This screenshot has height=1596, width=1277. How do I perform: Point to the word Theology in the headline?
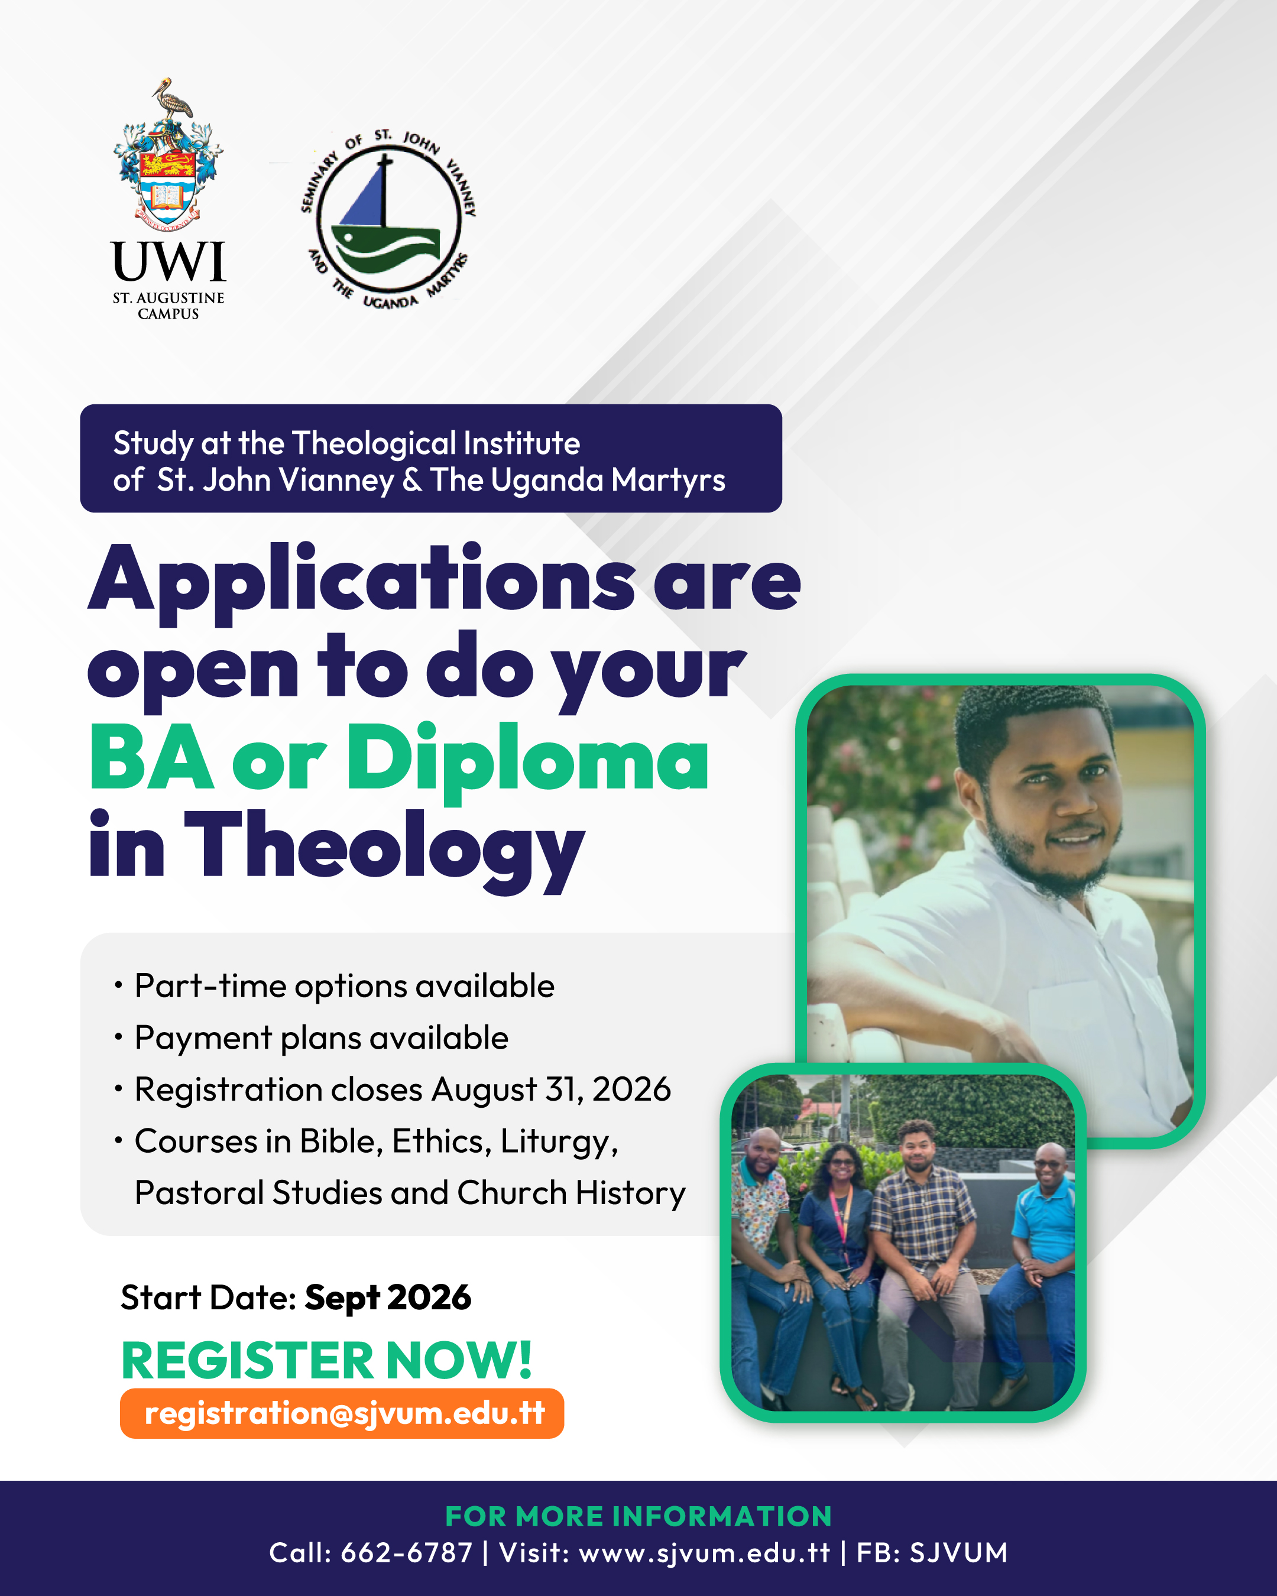[x=384, y=851]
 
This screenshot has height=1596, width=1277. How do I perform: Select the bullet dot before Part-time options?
[x=118, y=985]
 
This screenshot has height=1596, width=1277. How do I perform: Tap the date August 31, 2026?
[x=552, y=1089]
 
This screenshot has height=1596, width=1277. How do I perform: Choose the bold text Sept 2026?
[x=388, y=1297]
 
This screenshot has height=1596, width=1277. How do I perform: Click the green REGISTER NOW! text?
[x=326, y=1360]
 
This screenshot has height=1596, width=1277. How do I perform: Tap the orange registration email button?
[x=342, y=1413]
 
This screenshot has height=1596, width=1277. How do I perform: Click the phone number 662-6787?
[x=406, y=1552]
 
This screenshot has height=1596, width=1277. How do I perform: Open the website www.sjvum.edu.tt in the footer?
[x=704, y=1552]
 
